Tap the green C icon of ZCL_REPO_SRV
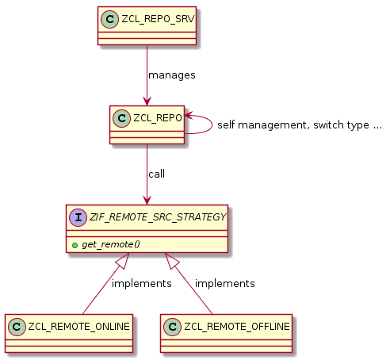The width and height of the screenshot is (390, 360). coord(110,18)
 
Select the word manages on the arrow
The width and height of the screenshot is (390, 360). coord(171,75)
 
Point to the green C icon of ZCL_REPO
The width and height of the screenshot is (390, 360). coord(122,117)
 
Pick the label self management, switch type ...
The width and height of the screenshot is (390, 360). coord(299,124)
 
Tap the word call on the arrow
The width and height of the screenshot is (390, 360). coord(156,174)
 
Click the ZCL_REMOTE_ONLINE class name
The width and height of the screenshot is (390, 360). coord(78,325)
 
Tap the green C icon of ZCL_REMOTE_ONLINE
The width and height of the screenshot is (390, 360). coord(17,325)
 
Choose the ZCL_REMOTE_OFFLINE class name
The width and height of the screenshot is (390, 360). coord(235,325)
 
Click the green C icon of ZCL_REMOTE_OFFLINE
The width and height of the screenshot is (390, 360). coord(172,325)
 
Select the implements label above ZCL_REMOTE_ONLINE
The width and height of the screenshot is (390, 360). coord(141,283)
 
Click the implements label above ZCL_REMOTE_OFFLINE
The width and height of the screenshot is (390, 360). coord(224,283)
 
